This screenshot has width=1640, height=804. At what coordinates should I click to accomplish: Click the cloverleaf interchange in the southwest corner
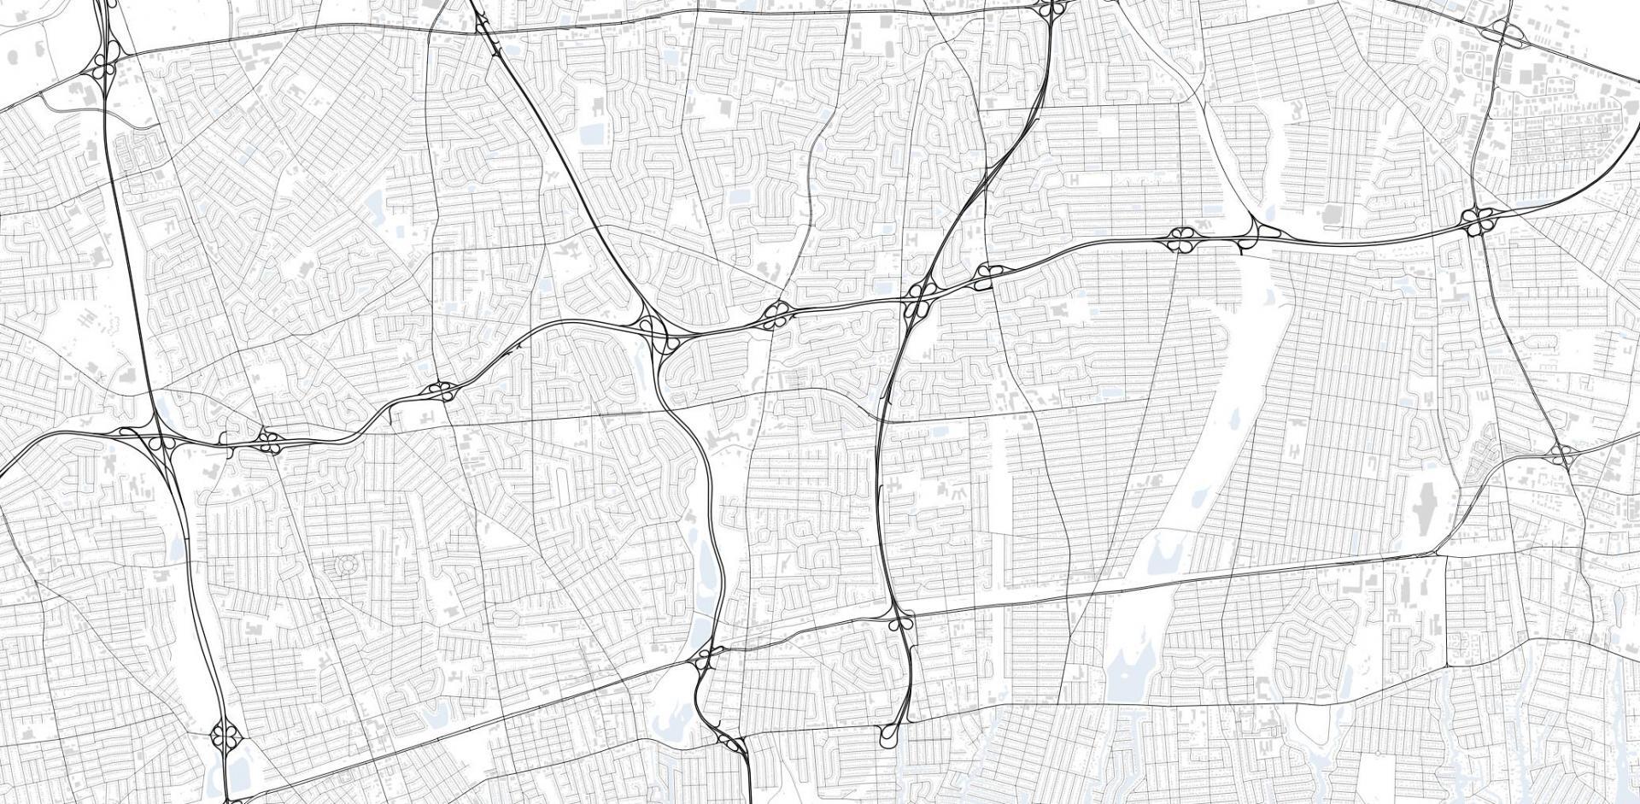(226, 734)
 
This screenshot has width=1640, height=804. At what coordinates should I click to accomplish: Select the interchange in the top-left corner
(106, 67)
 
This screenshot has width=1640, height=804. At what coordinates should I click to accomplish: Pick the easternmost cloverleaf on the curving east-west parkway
(1475, 220)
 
